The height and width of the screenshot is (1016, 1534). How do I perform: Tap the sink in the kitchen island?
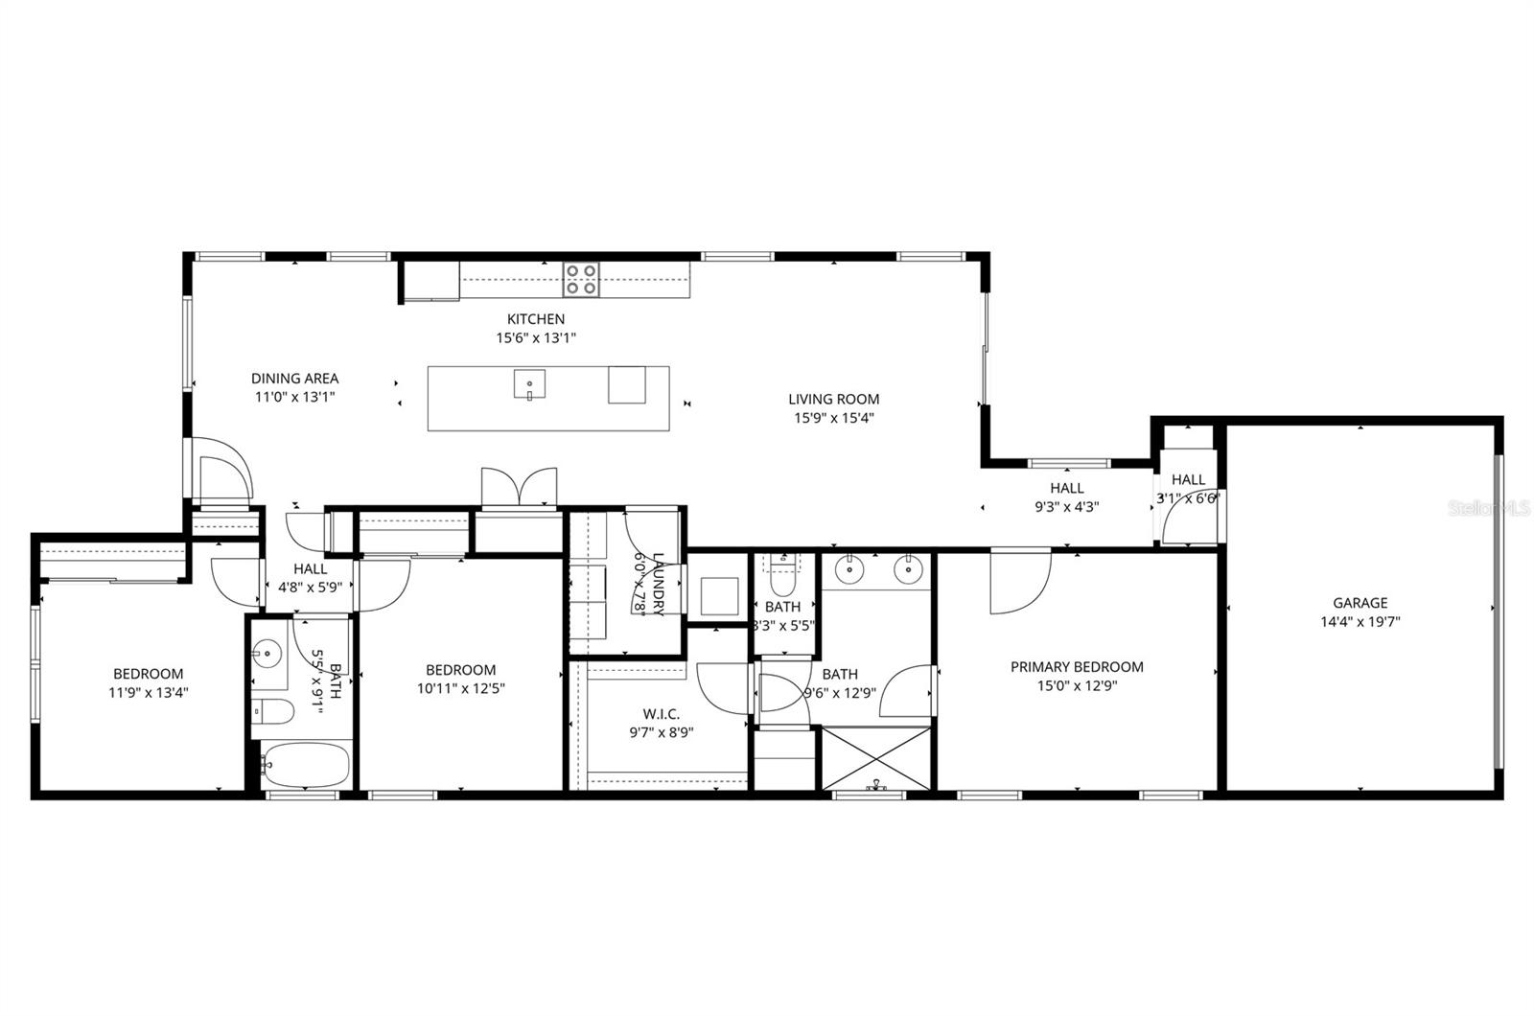pyautogui.click(x=529, y=384)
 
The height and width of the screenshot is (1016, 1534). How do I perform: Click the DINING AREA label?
pyautogui.click(x=294, y=379)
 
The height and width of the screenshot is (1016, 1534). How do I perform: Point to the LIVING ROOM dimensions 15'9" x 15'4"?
pyautogui.click(x=833, y=418)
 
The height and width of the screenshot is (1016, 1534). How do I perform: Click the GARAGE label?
pyautogui.click(x=1360, y=603)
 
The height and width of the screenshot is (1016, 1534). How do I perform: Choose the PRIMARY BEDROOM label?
pyautogui.click(x=1077, y=667)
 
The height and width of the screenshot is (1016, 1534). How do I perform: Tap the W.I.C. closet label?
pyautogui.click(x=661, y=714)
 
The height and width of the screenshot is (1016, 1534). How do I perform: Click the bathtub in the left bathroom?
pyautogui.click(x=307, y=764)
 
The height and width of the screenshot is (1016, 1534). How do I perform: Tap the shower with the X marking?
pyautogui.click(x=876, y=758)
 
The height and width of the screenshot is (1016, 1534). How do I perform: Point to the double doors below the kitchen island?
pyautogui.click(x=519, y=487)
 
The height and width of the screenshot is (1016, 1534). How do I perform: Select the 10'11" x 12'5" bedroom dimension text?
pyautogui.click(x=460, y=688)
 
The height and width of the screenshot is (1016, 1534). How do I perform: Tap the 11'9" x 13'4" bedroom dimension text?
pyautogui.click(x=148, y=692)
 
